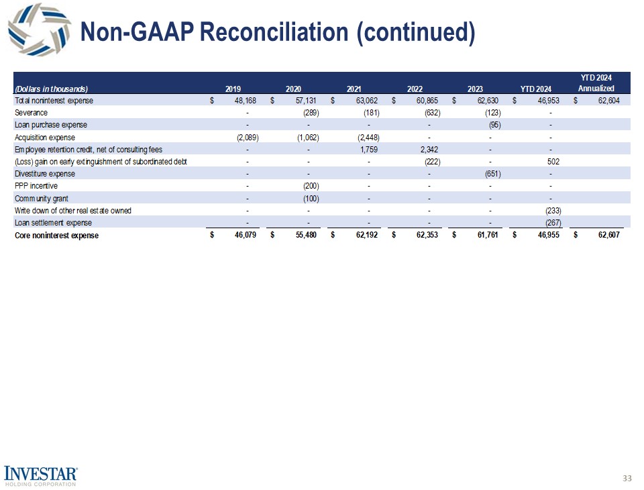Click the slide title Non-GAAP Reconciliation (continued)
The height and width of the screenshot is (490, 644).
pos(277,32)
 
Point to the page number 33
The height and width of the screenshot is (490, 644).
pos(627,478)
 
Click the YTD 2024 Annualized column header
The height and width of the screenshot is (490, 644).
pos(596,83)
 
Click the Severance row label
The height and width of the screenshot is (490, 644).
pos(31,113)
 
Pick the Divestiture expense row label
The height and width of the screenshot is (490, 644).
pos(44,174)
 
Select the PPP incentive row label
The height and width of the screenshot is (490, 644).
pos(35,186)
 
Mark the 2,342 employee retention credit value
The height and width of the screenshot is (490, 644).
pos(427,149)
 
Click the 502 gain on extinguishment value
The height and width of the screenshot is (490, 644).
pos(553,162)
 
